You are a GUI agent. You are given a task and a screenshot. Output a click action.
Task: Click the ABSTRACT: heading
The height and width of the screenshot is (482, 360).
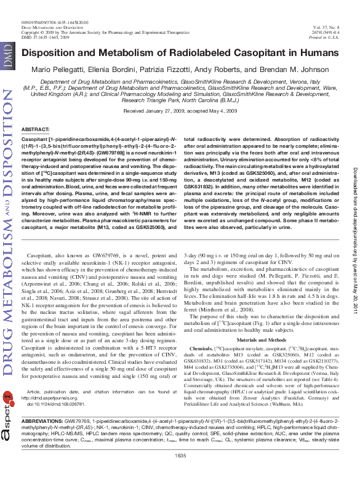click(36, 131)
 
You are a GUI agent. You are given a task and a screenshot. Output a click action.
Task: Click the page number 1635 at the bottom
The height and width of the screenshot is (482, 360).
click(180, 472)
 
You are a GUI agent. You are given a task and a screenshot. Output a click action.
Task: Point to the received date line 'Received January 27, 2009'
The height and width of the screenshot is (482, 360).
click(152, 111)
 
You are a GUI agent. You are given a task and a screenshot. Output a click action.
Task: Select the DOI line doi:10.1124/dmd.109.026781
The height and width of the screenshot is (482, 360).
click(63, 403)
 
